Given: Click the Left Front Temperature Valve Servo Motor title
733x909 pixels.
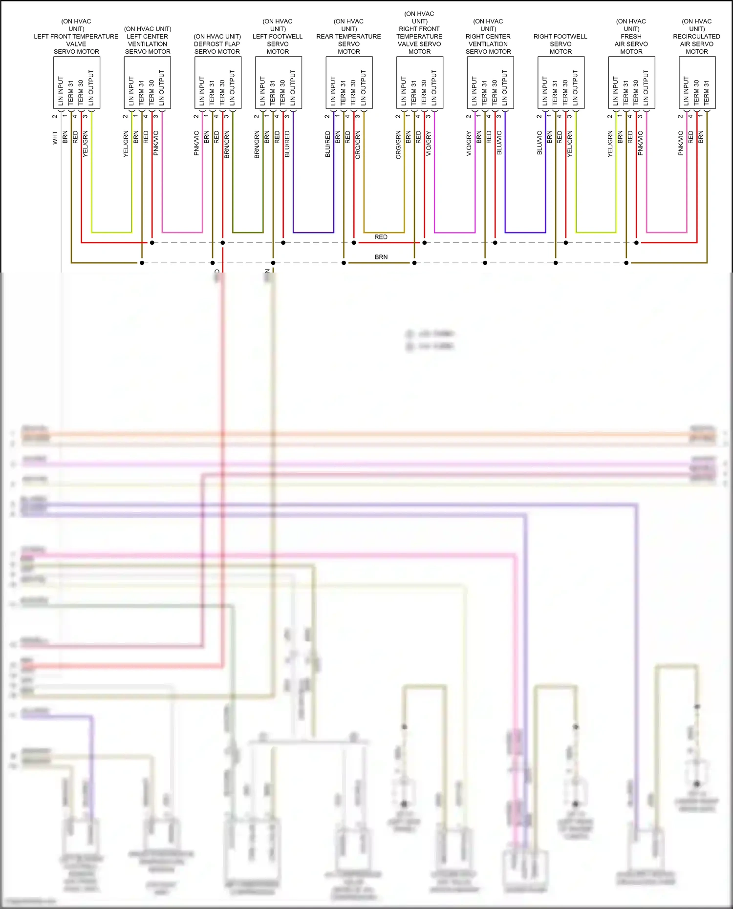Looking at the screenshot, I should point(76,37).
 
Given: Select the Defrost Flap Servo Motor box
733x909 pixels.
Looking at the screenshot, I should point(217,83).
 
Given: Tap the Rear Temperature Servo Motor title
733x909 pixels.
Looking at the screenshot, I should point(348,37).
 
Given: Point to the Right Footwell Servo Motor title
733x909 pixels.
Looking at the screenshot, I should point(561,44).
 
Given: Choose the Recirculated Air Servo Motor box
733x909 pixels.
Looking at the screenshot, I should point(697,83).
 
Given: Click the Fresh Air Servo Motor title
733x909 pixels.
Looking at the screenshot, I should point(631,37).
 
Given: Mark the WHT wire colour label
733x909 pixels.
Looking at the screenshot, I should point(55,138).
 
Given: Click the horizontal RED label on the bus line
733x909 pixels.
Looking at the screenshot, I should point(381,237).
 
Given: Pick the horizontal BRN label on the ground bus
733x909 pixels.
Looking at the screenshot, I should point(381,257).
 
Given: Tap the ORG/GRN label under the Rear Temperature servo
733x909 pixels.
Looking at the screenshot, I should point(358,145).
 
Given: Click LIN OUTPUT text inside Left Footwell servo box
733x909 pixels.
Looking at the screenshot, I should point(293,88).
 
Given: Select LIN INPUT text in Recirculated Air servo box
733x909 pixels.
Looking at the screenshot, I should point(686,91).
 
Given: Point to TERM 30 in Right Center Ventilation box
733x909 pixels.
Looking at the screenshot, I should point(495,93).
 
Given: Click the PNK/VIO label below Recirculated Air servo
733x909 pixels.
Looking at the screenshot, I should point(681,143).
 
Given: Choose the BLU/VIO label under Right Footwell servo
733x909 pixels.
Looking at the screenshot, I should point(539,143).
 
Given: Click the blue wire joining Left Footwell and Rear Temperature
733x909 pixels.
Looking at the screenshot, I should point(313,233).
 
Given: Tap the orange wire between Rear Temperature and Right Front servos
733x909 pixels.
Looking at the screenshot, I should point(384,233).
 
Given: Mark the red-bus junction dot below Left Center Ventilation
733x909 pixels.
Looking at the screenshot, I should point(152,243).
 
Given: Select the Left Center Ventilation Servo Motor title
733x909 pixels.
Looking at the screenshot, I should point(148,41).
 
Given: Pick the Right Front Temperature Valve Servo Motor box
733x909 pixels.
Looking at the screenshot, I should point(419,83).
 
